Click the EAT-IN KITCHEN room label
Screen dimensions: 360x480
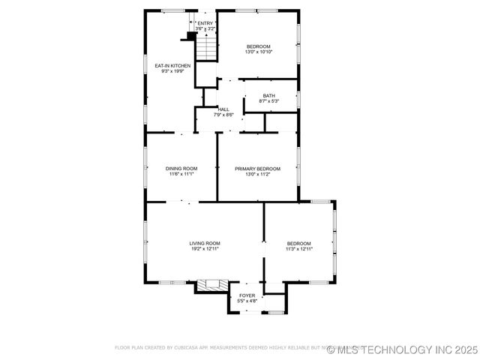tap(172, 66)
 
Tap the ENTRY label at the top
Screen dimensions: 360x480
tap(205, 23)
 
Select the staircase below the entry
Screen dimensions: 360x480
tap(206, 48)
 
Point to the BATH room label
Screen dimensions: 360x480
tap(268, 95)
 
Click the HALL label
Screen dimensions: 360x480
tap(223, 109)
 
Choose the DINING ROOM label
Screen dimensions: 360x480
tap(181, 168)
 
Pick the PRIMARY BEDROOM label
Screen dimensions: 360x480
tap(257, 168)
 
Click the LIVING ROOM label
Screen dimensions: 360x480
tap(204, 243)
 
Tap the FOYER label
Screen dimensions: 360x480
tap(247, 295)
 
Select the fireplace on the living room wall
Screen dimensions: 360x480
tap(212, 285)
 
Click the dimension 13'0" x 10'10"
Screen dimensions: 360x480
tap(258, 52)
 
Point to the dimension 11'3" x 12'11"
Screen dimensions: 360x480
tap(298, 248)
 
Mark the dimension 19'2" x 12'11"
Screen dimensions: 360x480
tap(204, 248)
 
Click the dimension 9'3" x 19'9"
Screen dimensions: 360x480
tap(172, 71)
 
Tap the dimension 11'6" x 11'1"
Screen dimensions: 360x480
tap(181, 173)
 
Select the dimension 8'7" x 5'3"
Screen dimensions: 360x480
tap(268, 100)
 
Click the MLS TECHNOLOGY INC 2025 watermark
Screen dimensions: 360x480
tap(402, 349)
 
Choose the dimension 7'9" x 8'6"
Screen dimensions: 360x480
tap(223, 115)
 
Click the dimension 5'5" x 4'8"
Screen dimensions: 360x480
tap(247, 301)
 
